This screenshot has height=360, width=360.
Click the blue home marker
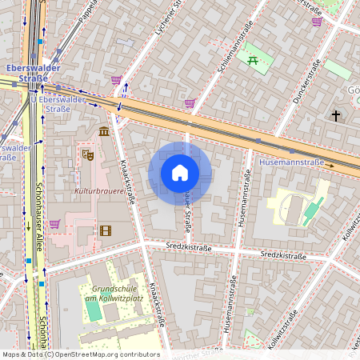tap(180, 173)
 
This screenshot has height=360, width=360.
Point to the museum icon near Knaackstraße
tap(104, 131)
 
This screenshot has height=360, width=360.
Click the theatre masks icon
tap(88, 152)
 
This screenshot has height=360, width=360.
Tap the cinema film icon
tap(106, 230)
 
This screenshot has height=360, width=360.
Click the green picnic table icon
tap(254, 60)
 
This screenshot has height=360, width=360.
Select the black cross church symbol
tap(336, 117)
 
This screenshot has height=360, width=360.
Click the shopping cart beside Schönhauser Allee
tap(54, 225)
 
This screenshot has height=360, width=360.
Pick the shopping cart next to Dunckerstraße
tap(317, 22)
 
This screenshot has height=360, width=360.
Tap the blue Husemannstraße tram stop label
tap(292, 162)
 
